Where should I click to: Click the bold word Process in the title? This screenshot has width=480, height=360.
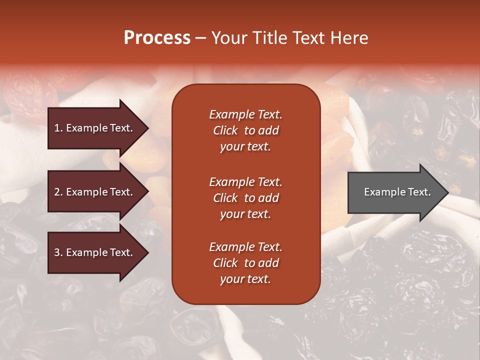[x=157, y=38]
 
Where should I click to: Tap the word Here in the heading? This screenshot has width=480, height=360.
[x=349, y=38]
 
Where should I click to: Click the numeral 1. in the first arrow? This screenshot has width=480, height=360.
[x=58, y=128]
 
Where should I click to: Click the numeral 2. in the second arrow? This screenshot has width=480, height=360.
[x=58, y=192]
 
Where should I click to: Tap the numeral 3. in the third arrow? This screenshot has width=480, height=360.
[x=58, y=252]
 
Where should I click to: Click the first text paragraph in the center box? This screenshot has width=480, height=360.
[x=245, y=130]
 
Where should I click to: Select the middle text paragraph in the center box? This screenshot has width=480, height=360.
[x=245, y=198]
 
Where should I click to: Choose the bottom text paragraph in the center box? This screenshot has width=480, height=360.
[x=245, y=263]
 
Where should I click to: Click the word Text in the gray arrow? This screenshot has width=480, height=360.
[x=419, y=192]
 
